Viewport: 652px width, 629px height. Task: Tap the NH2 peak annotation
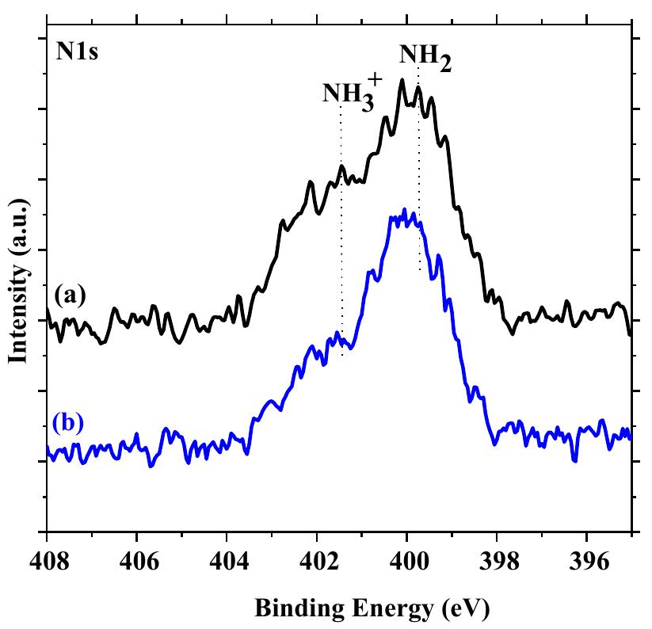pos(425,57)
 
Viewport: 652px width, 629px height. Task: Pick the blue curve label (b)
pos(69,421)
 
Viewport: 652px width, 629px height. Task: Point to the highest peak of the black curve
pos(402,80)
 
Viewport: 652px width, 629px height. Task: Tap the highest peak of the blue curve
pos(405,210)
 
